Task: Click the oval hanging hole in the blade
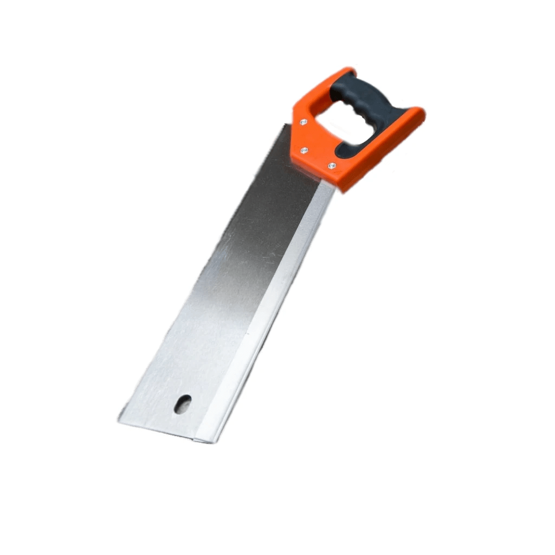click(x=183, y=404)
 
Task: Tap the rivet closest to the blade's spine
click(x=332, y=165)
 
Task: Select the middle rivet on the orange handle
click(x=304, y=150)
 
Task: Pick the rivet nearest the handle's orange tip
click(x=303, y=122)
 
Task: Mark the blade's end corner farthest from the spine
click(x=118, y=421)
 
